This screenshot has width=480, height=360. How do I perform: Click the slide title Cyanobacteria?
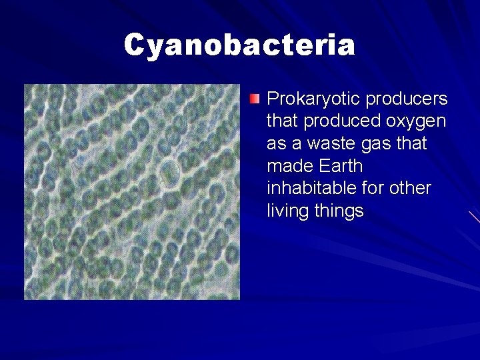239,45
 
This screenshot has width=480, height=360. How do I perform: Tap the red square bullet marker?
255,100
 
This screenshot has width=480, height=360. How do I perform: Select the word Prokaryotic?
305,99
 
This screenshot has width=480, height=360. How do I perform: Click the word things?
337,212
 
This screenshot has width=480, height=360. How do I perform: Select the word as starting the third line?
275,145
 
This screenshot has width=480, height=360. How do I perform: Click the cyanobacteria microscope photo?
132,192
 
